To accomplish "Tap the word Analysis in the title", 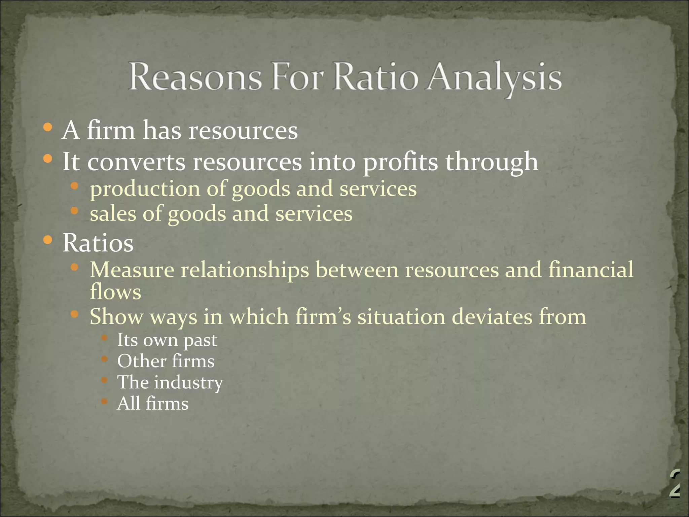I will tap(494, 78).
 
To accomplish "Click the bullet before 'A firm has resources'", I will tap(48, 127).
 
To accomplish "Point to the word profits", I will tap(400, 162).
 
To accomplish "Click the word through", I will tap(492, 162).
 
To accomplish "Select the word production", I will tap(145, 189).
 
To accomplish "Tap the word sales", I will tap(113, 213).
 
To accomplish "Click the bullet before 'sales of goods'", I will tap(74, 211).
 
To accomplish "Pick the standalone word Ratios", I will tap(98, 243).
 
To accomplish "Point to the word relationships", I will tap(245, 270).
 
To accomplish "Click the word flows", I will tap(115, 291).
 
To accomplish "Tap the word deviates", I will tap(492, 317).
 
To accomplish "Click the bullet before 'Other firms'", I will tap(104, 359).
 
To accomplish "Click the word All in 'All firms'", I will tap(128, 403).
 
